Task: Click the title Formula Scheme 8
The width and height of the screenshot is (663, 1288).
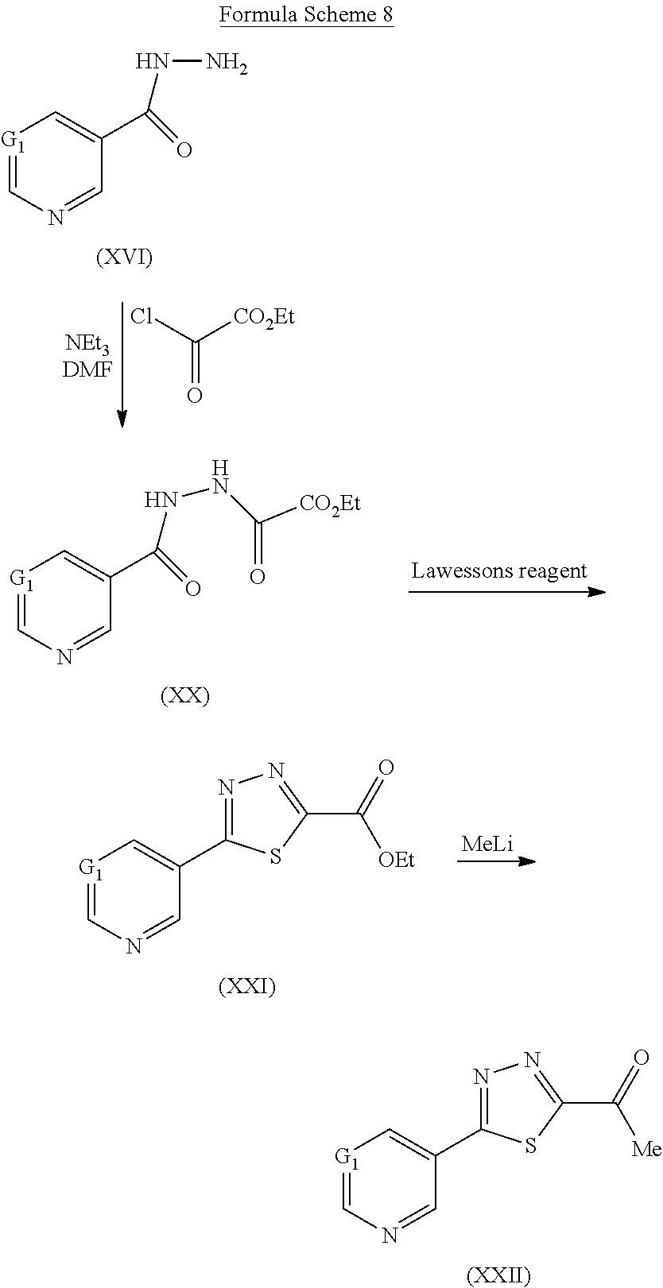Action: point(307,15)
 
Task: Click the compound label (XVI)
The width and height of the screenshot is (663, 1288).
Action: point(124,257)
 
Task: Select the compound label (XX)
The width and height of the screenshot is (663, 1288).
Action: point(184,696)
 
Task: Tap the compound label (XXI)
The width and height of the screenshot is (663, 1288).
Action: point(247,987)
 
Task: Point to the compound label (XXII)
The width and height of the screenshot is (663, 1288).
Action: point(498,1275)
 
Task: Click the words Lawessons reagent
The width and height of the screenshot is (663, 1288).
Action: point(499,571)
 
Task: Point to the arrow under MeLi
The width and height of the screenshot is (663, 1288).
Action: point(497,861)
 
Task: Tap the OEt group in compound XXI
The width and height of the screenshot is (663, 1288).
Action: point(397,860)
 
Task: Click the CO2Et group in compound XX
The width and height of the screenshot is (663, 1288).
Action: point(331,502)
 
